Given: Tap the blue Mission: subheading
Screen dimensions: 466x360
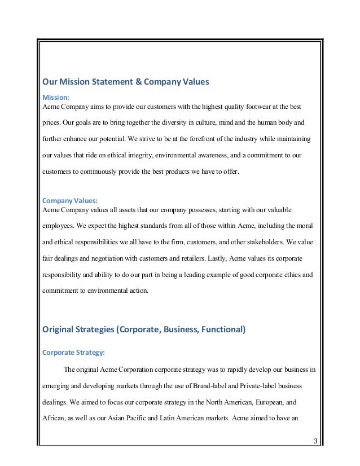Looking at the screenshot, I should (55, 96).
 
